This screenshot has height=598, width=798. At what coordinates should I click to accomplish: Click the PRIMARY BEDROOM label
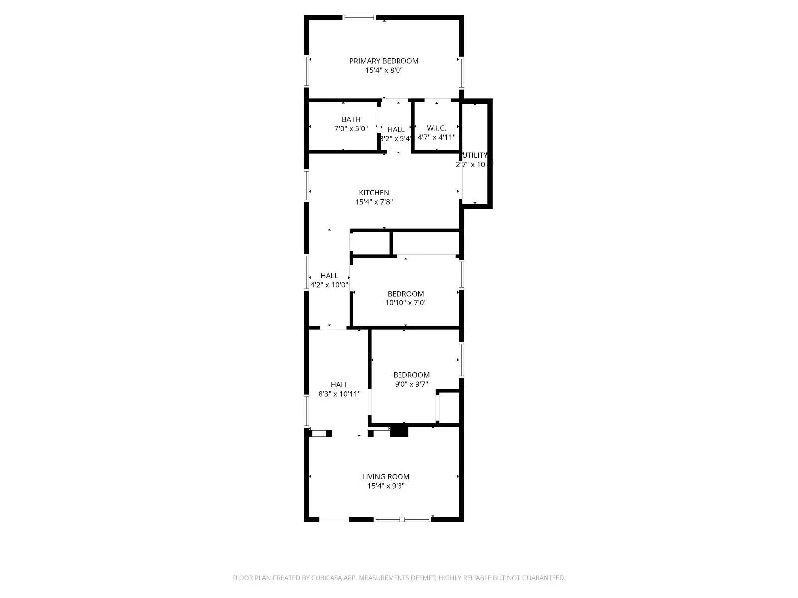click(x=384, y=61)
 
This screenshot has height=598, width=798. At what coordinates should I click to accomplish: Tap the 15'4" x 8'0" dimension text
click(x=384, y=71)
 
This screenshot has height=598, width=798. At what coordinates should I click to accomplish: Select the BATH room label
click(x=351, y=119)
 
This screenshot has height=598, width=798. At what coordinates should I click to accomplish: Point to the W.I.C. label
click(x=436, y=128)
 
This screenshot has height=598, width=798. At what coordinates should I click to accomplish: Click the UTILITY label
click(x=475, y=155)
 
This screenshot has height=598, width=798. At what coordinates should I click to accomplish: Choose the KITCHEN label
click(x=374, y=193)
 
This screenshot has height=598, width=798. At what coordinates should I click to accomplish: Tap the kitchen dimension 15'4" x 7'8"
click(x=374, y=202)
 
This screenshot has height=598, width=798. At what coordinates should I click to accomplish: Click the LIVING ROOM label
click(x=386, y=477)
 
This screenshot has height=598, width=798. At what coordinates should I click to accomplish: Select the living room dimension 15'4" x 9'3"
click(x=386, y=486)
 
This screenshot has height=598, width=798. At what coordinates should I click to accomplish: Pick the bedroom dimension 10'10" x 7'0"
click(x=405, y=303)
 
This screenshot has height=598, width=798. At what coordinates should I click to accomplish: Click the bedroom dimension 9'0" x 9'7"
click(x=411, y=384)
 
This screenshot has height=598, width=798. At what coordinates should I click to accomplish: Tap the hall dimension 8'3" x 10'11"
click(x=339, y=394)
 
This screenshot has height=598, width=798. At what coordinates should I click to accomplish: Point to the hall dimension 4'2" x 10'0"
click(x=329, y=285)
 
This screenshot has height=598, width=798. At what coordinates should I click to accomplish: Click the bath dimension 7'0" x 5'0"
click(x=351, y=129)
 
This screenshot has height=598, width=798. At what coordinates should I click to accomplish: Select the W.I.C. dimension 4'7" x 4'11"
click(x=436, y=137)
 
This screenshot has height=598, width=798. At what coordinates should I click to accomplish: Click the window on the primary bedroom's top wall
click(x=359, y=18)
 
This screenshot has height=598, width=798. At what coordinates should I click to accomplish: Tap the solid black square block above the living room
click(x=399, y=432)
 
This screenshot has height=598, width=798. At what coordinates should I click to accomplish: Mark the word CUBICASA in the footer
click(x=327, y=578)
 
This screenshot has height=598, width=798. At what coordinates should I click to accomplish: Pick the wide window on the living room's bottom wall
click(x=402, y=519)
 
